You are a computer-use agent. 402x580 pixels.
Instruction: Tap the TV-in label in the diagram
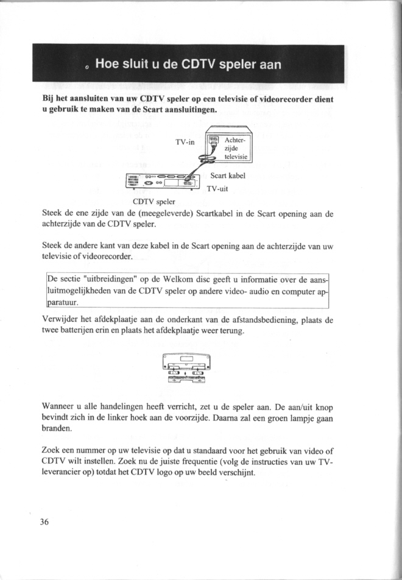[x=184, y=143]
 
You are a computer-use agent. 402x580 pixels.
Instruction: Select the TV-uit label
[x=217, y=189]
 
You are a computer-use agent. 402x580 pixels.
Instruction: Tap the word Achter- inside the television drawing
[x=238, y=140]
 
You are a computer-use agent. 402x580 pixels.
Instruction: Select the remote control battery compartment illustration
[x=186, y=369]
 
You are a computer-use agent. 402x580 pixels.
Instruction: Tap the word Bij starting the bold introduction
[x=49, y=99]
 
